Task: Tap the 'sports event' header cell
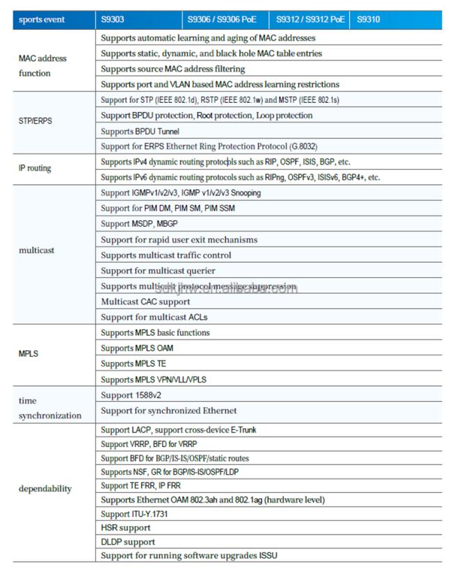pyautogui.click(x=42, y=19)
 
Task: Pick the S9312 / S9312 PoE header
pyautogui.click(x=310, y=19)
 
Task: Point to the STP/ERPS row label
pyautogui.click(x=35, y=121)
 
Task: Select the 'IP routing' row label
pyautogui.click(x=35, y=168)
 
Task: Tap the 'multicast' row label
pyautogui.click(x=36, y=250)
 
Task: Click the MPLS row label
pyautogui.click(x=29, y=354)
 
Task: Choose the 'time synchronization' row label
pyautogui.click(x=49, y=408)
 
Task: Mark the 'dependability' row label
pyautogui.click(x=45, y=489)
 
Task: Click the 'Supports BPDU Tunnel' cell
pyautogui.click(x=140, y=131)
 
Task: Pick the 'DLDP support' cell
pyautogui.click(x=128, y=542)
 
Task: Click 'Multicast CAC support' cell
pyautogui.click(x=145, y=302)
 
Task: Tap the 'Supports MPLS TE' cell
pyautogui.click(x=134, y=364)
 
